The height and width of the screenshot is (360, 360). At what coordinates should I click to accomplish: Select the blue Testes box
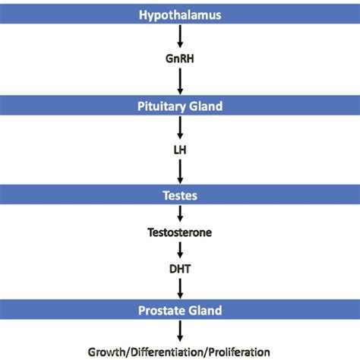[180, 194]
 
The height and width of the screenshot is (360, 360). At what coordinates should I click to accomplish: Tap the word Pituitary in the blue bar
[162, 107]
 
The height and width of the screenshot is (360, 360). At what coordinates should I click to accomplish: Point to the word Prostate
[161, 310]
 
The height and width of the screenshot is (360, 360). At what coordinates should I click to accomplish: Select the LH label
[180, 150]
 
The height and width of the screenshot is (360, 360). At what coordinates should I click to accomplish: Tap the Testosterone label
[180, 234]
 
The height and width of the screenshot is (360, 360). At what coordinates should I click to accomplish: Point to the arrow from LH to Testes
[180, 172]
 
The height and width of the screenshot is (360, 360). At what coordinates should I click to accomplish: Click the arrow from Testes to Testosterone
[180, 214]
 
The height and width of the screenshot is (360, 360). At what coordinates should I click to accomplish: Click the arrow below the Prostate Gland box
[180, 330]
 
